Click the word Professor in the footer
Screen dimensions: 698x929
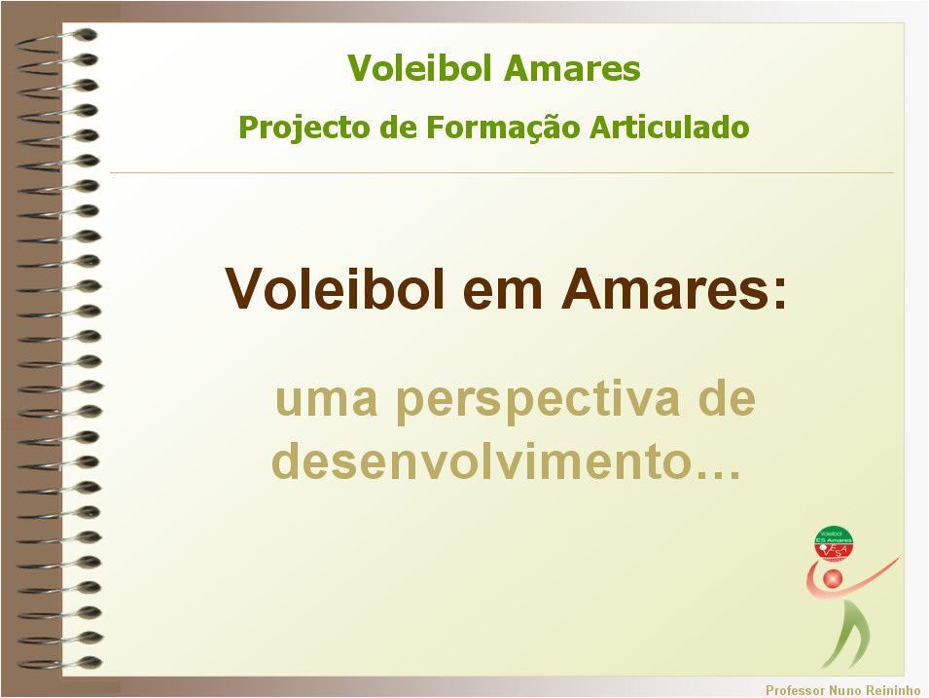point(795,690)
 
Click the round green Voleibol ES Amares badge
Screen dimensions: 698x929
point(834,542)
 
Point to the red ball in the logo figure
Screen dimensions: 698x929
point(833,579)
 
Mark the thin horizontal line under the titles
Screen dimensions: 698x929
point(501,173)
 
